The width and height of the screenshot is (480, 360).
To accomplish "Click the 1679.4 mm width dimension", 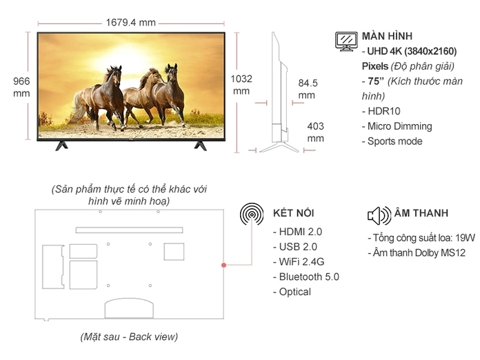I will tap(130, 22).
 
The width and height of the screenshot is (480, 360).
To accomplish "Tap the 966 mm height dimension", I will tap(21, 87).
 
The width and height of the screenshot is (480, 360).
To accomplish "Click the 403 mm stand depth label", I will tap(315, 132).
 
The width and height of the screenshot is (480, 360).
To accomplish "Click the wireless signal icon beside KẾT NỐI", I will tap(252, 214).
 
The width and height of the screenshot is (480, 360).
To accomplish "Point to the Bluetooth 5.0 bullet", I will tap(308, 277).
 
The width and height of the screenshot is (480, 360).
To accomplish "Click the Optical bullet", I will tap(294, 292).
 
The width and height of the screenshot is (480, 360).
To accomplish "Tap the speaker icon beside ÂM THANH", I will tap(379, 215).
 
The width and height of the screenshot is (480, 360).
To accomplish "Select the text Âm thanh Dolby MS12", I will tap(418, 253).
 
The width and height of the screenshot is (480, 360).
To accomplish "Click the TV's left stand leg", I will tap(62, 145).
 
